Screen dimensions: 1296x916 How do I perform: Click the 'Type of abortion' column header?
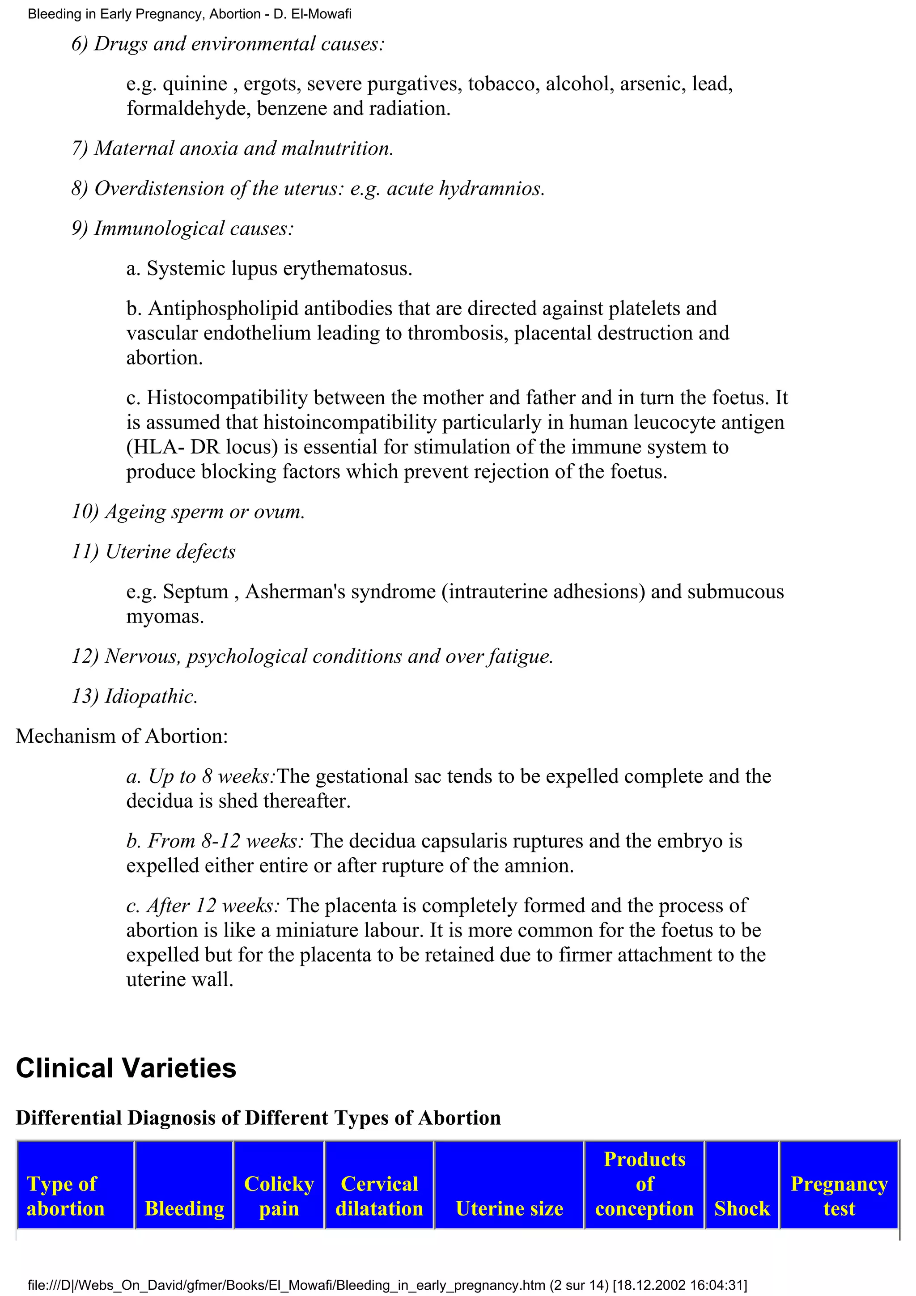coord(65,1195)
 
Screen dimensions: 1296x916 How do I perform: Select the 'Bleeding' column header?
coord(185,1208)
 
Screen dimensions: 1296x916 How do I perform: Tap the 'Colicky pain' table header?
coord(279,1195)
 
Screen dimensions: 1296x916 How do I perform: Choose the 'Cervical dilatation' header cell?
coord(379,1195)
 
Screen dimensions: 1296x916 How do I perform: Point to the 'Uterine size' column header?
coord(509,1208)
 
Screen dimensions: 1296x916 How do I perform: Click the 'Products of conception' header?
coord(644,1184)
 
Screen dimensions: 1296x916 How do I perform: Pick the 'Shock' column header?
coord(742,1208)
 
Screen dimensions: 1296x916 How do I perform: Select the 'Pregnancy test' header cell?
coord(839,1195)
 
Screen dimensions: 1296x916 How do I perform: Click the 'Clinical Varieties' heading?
coord(126,1068)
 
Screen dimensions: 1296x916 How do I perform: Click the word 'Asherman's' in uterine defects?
coord(276,592)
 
